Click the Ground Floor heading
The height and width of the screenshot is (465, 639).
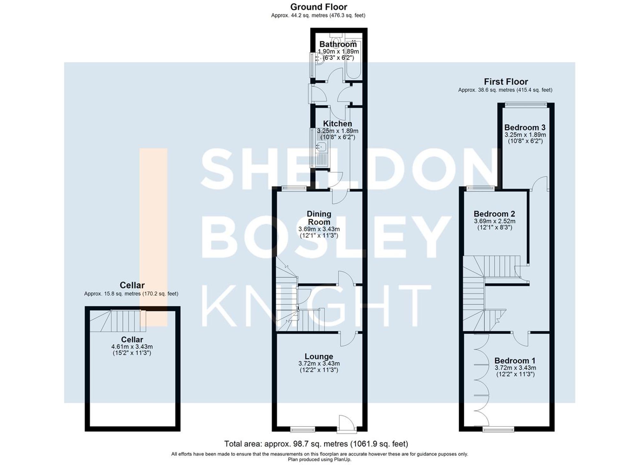click(x=319, y=7)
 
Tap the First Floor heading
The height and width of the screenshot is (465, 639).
click(x=505, y=82)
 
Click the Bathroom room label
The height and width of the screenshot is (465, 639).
click(x=338, y=44)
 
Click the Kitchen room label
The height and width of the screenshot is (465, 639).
click(x=337, y=124)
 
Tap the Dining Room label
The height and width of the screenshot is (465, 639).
click(x=319, y=218)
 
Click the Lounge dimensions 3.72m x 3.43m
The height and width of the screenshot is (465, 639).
click(x=319, y=363)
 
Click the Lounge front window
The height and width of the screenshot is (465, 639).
click(x=302, y=429)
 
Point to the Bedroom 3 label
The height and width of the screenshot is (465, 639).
click(x=525, y=128)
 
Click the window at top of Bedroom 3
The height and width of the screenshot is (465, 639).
click(x=526, y=105)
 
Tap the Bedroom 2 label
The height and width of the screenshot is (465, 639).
click(x=494, y=214)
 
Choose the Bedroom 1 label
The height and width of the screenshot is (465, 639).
click(x=515, y=361)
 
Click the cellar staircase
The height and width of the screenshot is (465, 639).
click(x=118, y=321)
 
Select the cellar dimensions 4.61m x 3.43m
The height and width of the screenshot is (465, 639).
click(x=132, y=347)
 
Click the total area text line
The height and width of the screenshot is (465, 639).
click(x=316, y=444)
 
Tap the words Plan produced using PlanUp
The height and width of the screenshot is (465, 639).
click(x=319, y=460)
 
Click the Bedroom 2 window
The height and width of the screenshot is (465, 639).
click(x=480, y=189)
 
